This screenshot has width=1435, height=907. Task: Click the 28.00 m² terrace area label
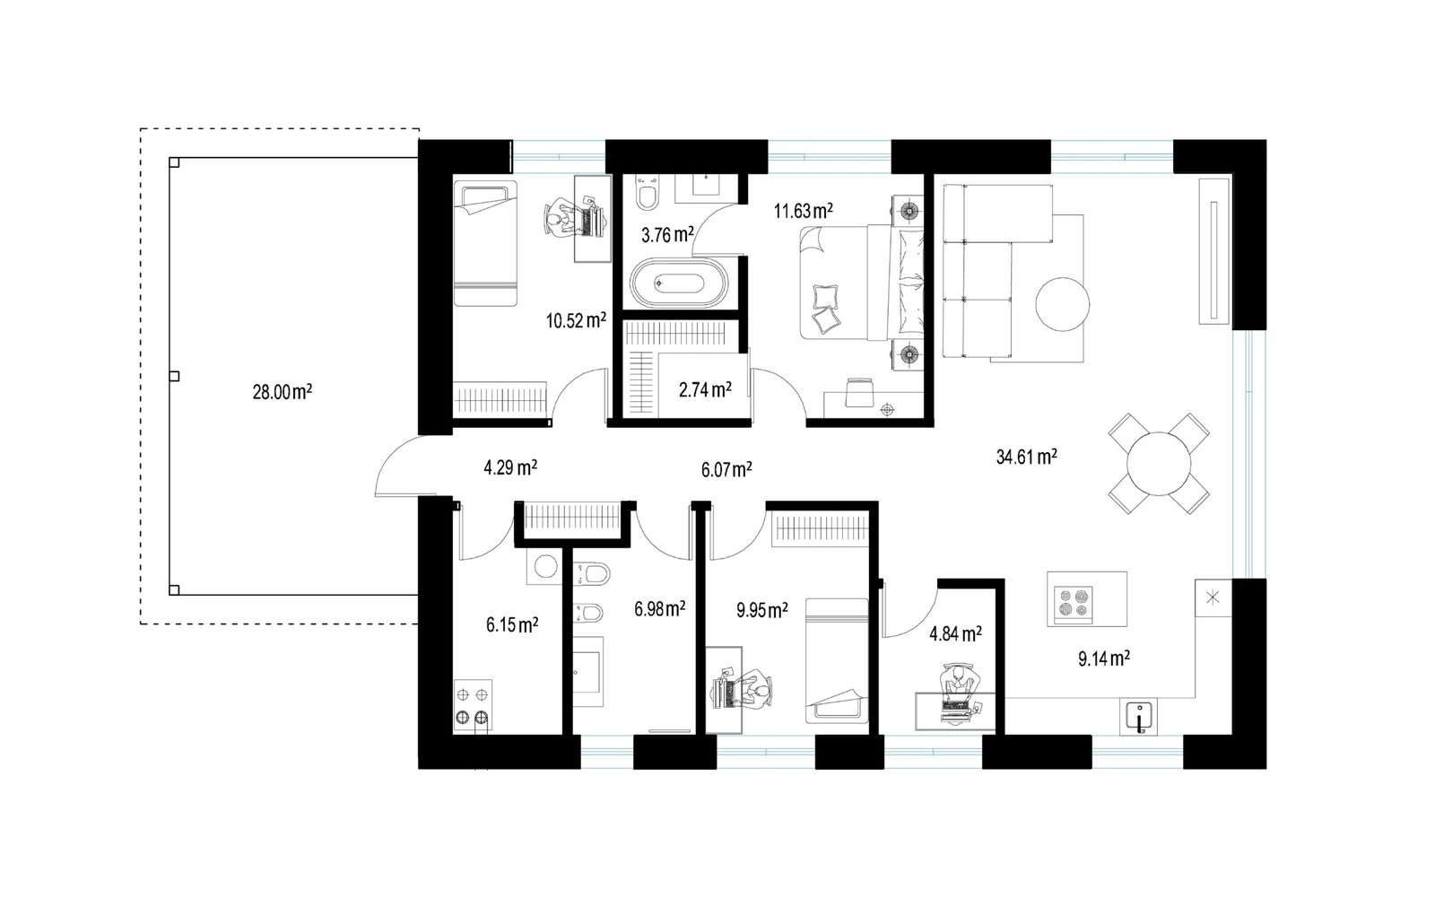[x=282, y=392]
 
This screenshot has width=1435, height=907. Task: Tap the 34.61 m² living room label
[x=1026, y=457]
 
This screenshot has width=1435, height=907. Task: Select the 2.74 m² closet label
[x=705, y=389]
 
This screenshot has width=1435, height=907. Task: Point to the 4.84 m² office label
[x=956, y=634]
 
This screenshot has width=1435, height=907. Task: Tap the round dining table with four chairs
[x=1159, y=464]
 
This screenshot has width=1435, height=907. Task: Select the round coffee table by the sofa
[x=1062, y=304]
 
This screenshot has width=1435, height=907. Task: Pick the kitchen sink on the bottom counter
[x=1139, y=717]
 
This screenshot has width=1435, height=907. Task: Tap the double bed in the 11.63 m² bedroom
[x=862, y=282]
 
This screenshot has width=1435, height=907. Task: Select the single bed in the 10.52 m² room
[x=485, y=244]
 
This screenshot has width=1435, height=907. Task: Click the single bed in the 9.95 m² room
[x=837, y=661]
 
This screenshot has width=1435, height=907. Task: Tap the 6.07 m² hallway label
[x=726, y=470]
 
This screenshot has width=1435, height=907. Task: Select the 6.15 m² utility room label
[x=512, y=625]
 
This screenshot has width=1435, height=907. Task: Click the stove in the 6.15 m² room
[x=473, y=706]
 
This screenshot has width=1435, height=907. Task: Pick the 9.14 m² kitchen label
[x=1104, y=658]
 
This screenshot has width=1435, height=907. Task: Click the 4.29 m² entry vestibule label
[x=510, y=467]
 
